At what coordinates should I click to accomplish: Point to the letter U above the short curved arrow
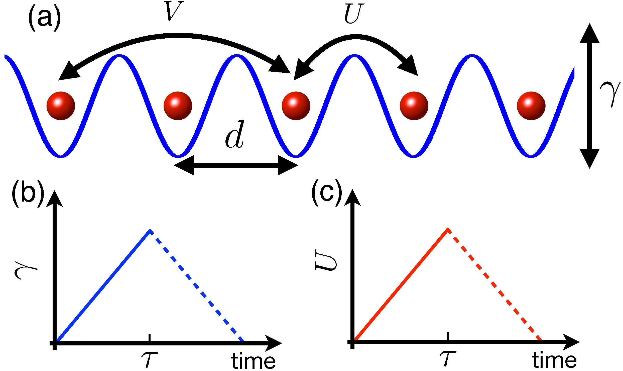pos(354,14)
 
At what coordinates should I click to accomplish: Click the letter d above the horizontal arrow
pos(235,135)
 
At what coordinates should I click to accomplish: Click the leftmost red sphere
pos(61,106)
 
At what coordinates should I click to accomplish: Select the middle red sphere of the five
pos(296,106)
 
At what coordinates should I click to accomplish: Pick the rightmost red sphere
pos(531,106)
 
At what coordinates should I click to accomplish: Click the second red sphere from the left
pos(178,106)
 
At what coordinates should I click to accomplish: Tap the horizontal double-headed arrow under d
pos(235,165)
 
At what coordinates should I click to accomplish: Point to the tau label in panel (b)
pos(149,359)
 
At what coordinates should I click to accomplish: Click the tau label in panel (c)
pos(448,358)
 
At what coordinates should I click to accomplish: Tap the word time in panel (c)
pos(554,360)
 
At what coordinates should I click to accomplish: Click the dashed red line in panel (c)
pos(495,286)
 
